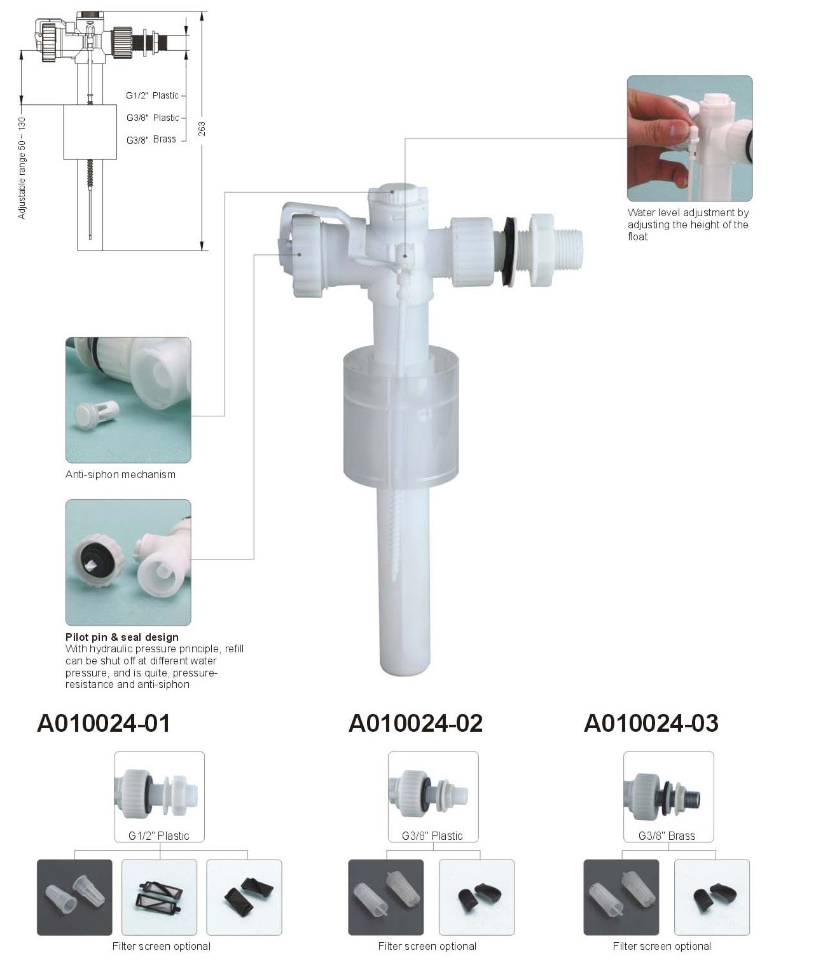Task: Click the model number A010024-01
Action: pyautogui.click(x=103, y=723)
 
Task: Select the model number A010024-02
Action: pyautogui.click(x=415, y=723)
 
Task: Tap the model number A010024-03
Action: pyautogui.click(x=651, y=723)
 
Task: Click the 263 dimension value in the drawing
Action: pyautogui.click(x=202, y=128)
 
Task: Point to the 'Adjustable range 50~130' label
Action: pyautogui.click(x=22, y=168)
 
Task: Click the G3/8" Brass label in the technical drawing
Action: pyautogui.click(x=151, y=139)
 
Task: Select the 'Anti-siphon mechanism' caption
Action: pyautogui.click(x=120, y=474)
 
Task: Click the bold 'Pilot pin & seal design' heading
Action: pyautogui.click(x=122, y=637)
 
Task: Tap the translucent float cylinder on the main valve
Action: pyautogui.click(x=401, y=420)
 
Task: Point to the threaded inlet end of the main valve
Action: pyautogui.click(x=568, y=251)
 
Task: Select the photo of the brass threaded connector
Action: pyautogui.click(x=668, y=797)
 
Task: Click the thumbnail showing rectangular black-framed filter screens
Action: pyautogui.click(x=159, y=897)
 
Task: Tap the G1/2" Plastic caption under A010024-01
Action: pyautogui.click(x=159, y=836)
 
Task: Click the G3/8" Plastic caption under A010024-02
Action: pyautogui.click(x=432, y=836)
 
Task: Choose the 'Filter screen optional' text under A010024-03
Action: pyautogui.click(x=661, y=946)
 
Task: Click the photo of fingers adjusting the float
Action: pyautogui.click(x=689, y=138)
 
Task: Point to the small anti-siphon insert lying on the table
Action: pyautogui.click(x=95, y=414)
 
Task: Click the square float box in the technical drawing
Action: pyautogui.click(x=90, y=132)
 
